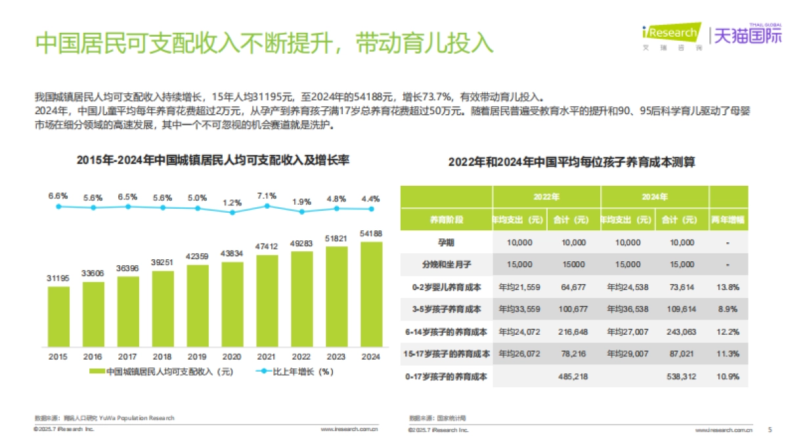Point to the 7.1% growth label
267,196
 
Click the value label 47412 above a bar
267,246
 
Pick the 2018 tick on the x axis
162,356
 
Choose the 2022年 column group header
546,197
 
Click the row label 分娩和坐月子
446,264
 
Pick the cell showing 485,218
573,377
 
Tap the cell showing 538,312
682,377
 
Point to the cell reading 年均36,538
628,309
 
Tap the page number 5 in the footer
770,430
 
